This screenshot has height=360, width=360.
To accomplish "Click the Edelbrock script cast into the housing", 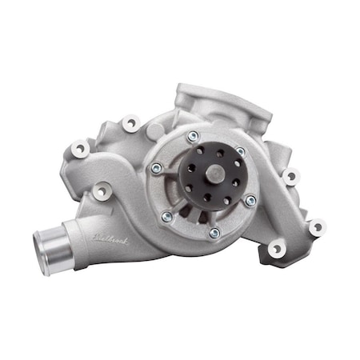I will [109, 237].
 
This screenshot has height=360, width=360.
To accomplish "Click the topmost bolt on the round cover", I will [192, 137].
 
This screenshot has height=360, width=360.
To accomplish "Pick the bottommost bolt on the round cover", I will [214, 233].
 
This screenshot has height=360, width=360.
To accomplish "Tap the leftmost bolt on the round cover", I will [157, 169].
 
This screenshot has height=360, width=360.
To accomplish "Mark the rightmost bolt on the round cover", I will [250, 201].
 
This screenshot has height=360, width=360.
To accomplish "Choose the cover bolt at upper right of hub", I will [240, 151].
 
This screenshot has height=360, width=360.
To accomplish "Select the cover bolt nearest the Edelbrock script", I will [166, 216].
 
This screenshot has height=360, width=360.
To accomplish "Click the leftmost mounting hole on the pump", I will [79, 148].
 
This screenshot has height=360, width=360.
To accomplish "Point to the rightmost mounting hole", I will [317, 226].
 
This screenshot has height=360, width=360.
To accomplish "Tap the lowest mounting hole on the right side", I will [276, 250].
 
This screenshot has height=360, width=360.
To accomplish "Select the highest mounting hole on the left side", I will [129, 123].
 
